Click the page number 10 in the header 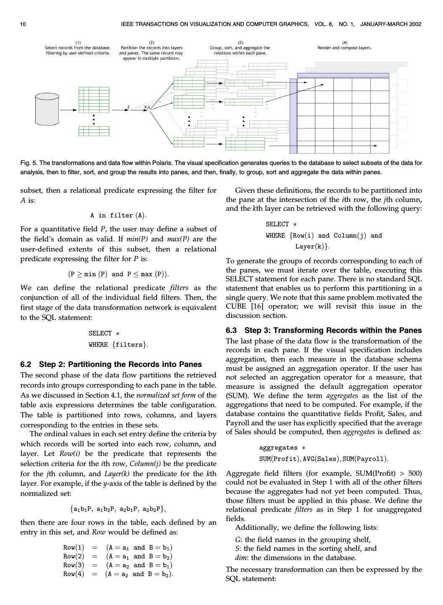[x=23, y=24]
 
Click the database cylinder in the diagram [x=47, y=109]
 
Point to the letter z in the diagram [x=128, y=107]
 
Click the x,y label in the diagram [x=147, y=107]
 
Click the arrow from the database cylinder [x=68, y=110]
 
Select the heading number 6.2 [x=26, y=364]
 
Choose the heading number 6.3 [x=232, y=330]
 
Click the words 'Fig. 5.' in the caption [x=29, y=163]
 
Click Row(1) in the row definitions [x=73, y=547]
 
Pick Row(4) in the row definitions [x=73, y=574]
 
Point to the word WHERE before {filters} [x=98, y=345]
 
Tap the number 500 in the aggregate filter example [x=415, y=474]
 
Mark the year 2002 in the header [x=414, y=24]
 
